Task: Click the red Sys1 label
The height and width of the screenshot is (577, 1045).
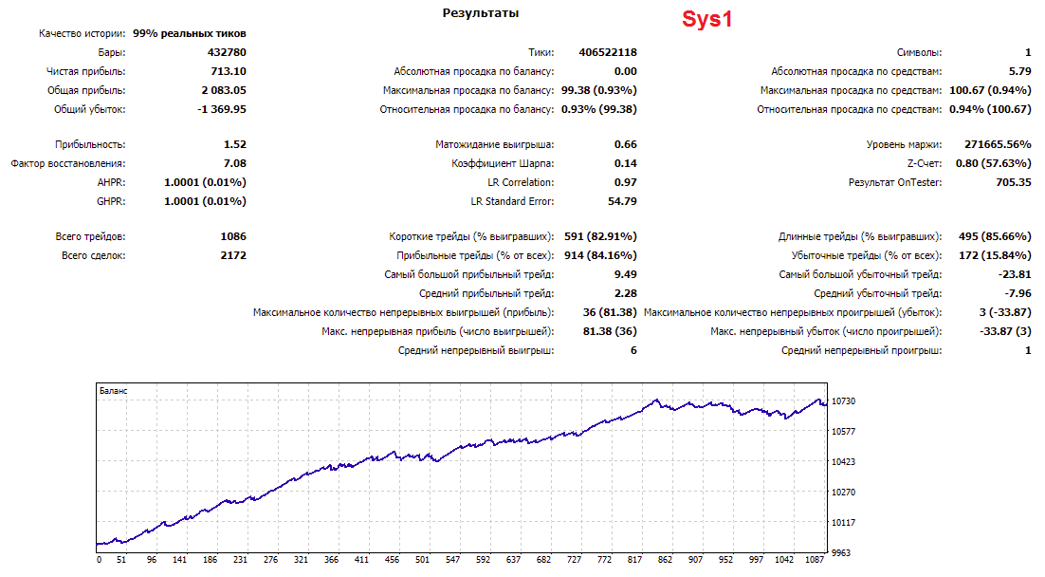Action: (707, 19)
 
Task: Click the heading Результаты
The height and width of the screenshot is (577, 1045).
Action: (481, 13)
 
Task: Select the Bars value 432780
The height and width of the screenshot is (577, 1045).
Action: (227, 52)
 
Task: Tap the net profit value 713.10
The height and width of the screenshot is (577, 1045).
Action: (229, 71)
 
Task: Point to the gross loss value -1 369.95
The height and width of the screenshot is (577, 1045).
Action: (222, 109)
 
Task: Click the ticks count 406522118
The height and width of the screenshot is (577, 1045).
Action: (608, 52)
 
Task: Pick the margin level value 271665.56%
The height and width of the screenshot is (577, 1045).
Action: (998, 144)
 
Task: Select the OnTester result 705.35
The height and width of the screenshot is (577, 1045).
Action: (1014, 182)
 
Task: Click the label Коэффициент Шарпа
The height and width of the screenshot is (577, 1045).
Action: (503, 163)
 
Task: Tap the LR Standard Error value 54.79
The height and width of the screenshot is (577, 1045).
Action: (622, 201)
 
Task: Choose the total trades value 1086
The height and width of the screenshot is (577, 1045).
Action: (233, 237)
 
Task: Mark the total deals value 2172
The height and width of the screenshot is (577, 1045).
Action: (233, 255)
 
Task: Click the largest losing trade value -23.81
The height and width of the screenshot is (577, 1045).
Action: (1015, 274)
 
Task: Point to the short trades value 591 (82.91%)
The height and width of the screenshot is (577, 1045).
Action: (600, 237)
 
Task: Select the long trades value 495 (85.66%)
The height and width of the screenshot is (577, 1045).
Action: (995, 237)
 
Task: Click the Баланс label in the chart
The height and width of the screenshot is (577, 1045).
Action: (113, 391)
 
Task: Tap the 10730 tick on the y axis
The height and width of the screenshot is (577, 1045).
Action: (844, 400)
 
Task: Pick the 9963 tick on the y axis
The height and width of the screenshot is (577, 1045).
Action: (841, 553)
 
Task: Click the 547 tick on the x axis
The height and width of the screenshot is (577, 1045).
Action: (452, 560)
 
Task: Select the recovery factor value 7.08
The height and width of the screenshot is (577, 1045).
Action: (235, 163)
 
